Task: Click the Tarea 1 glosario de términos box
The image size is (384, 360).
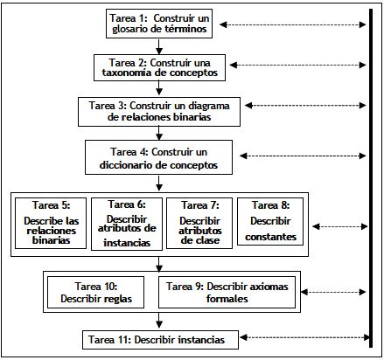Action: click(x=159, y=24)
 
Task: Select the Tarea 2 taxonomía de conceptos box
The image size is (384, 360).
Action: click(x=159, y=67)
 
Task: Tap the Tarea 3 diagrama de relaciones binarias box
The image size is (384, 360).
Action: click(x=159, y=112)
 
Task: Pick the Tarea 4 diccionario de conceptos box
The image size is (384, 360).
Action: click(x=158, y=157)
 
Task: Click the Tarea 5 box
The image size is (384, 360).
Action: click(x=51, y=223)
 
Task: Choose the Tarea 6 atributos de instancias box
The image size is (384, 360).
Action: click(x=127, y=224)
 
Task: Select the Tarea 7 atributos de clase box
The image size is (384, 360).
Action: click(x=199, y=223)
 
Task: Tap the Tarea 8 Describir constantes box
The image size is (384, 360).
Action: click(x=270, y=221)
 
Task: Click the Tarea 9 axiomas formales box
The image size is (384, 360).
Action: click(x=227, y=292)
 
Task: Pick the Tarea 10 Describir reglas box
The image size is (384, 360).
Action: click(x=95, y=292)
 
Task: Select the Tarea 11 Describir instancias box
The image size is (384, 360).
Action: click(x=160, y=340)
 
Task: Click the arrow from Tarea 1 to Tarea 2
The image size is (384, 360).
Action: click(x=159, y=46)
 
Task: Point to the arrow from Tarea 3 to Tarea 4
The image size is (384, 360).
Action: click(x=159, y=134)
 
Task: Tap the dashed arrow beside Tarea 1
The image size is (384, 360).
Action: click(x=293, y=24)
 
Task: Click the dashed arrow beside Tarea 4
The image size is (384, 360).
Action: click(x=303, y=156)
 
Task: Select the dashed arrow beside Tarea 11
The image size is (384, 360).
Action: click(x=304, y=337)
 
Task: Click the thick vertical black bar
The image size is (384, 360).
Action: click(x=371, y=178)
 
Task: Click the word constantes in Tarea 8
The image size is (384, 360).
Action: click(x=270, y=237)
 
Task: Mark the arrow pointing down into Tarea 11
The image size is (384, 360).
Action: click(x=159, y=321)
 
